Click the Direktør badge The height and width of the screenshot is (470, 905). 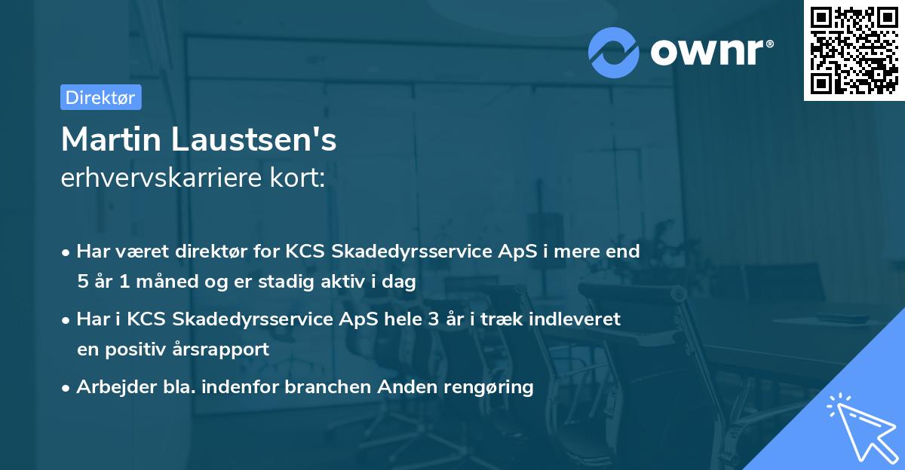coord(100,97)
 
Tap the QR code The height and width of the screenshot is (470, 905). coord(854,50)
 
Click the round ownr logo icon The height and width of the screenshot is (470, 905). coord(614,52)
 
